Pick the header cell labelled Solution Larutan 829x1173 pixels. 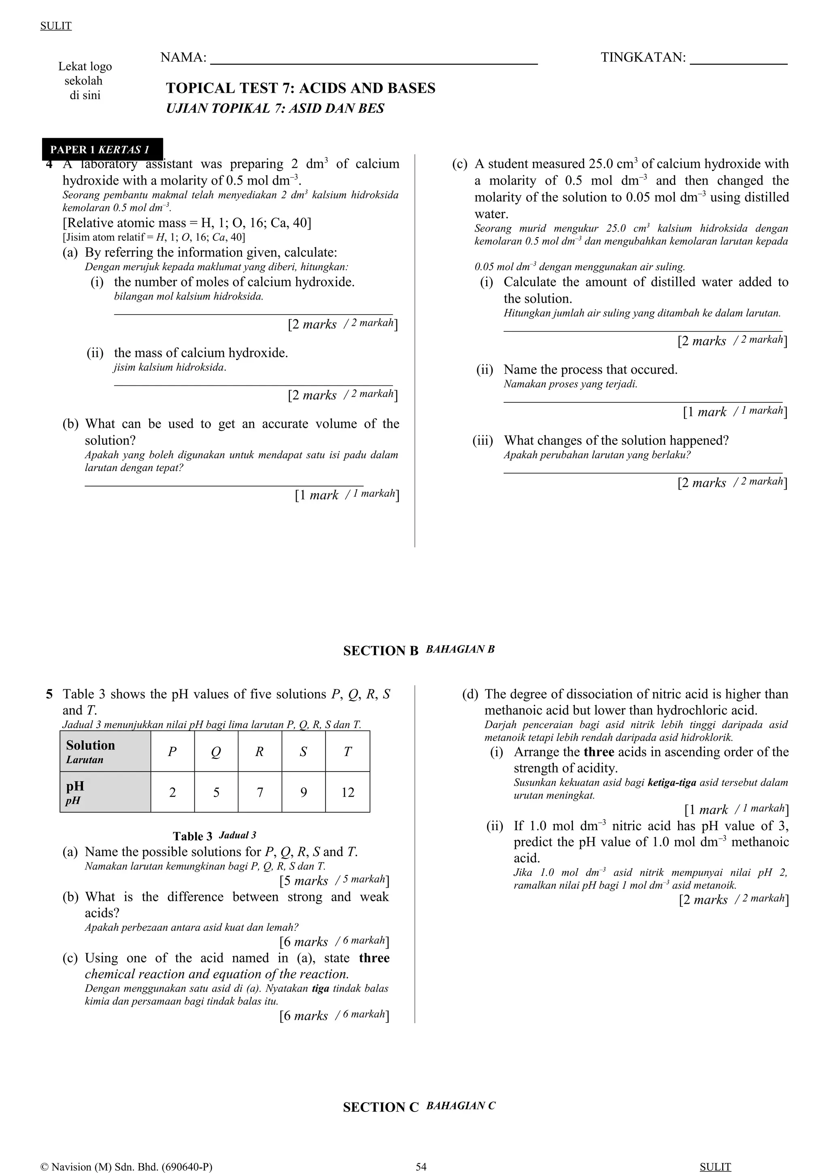[x=105, y=751]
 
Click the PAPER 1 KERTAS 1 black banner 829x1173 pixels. [x=102, y=150]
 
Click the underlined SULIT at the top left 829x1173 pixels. [x=56, y=26]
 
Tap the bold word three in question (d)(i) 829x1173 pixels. [x=599, y=752]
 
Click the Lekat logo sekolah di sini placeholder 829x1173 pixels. [x=85, y=81]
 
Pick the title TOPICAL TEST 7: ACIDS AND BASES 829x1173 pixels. [x=300, y=88]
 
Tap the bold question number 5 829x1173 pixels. [x=49, y=694]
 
